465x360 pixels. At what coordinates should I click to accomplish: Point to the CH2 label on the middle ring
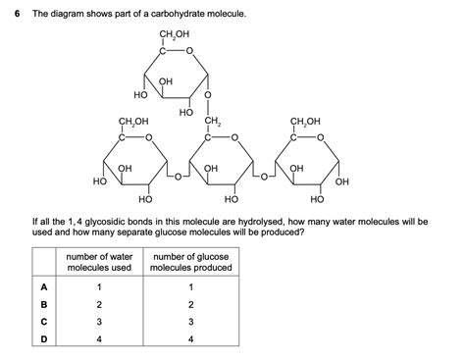point(211,123)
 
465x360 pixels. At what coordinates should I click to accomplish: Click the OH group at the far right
point(341,181)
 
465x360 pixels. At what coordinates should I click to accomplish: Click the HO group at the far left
point(99,181)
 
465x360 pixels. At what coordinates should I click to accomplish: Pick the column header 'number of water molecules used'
point(99,262)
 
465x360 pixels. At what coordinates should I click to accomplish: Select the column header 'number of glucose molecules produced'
point(191,262)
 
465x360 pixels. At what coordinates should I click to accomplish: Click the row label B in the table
point(43,304)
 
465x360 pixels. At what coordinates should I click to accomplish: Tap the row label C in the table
point(43,322)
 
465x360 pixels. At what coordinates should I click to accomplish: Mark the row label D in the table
point(43,339)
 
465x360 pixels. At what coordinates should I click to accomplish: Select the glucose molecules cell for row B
point(191,304)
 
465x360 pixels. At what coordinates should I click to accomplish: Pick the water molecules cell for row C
point(99,322)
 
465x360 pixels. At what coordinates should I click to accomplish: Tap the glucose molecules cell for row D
point(191,339)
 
